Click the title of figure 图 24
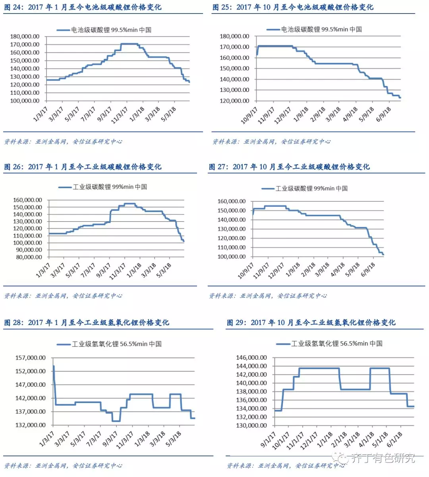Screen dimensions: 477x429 tap(83, 7)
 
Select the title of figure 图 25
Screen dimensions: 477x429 tap(293, 7)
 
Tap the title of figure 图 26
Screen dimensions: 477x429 tap(83, 167)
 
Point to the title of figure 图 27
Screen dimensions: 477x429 tap(289, 167)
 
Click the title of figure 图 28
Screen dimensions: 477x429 tap(87, 322)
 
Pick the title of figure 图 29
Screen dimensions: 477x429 tap(311, 322)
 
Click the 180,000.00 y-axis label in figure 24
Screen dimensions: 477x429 tap(25, 36)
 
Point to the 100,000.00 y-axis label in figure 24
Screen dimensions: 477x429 tap(25, 101)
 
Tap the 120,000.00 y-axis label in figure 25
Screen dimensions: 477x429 tap(234, 101)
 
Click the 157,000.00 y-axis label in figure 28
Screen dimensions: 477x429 tap(31, 358)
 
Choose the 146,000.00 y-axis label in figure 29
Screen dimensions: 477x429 tap(251, 358)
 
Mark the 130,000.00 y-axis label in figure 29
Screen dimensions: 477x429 tap(251, 425)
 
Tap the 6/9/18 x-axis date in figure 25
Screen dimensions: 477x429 tap(384, 115)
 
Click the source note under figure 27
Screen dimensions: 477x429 tap(268, 296)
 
